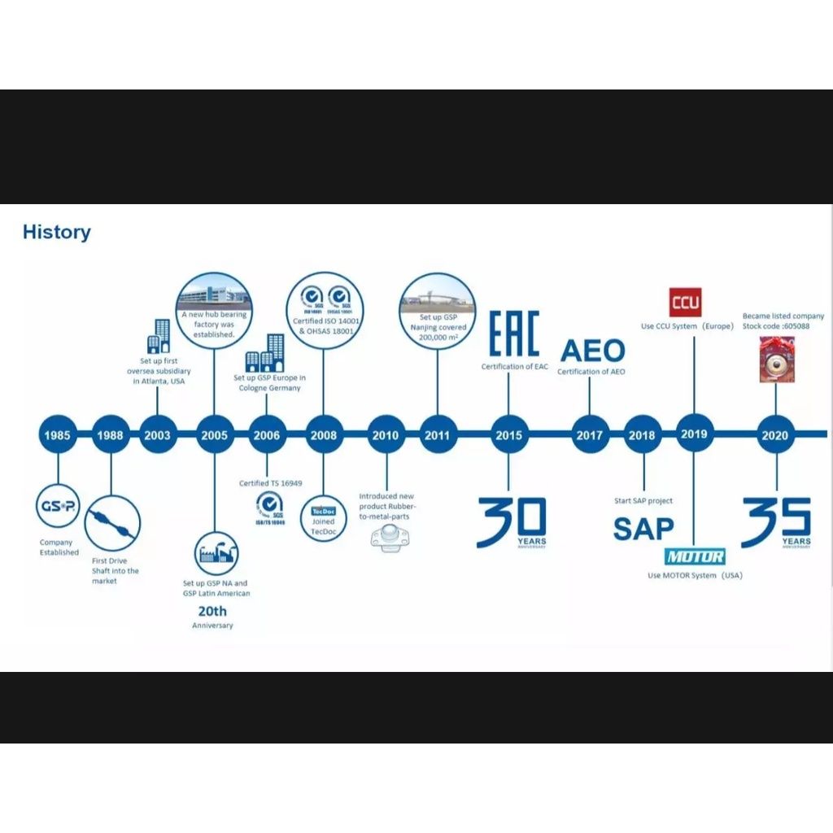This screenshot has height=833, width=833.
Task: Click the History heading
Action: click(57, 232)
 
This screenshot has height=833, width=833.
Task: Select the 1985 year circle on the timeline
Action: click(58, 435)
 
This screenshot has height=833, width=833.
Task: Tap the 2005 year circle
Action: click(214, 435)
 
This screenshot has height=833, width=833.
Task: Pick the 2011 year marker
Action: click(437, 435)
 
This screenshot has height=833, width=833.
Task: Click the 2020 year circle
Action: click(774, 435)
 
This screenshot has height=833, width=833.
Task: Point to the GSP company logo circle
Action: click(58, 507)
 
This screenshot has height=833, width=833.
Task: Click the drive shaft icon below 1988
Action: click(112, 523)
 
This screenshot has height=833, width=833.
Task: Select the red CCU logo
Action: click(685, 303)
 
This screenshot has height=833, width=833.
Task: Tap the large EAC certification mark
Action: click(514, 333)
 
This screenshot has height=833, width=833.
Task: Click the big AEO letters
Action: click(593, 351)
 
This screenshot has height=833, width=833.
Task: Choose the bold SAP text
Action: click(643, 529)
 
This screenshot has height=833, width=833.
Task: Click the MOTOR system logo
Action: click(695, 557)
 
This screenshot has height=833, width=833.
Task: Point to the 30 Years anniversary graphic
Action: click(512, 523)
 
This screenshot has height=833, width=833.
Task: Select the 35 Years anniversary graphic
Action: click(776, 523)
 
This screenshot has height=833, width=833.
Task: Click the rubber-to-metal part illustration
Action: click(387, 538)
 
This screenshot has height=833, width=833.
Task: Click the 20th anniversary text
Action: click(212, 611)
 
